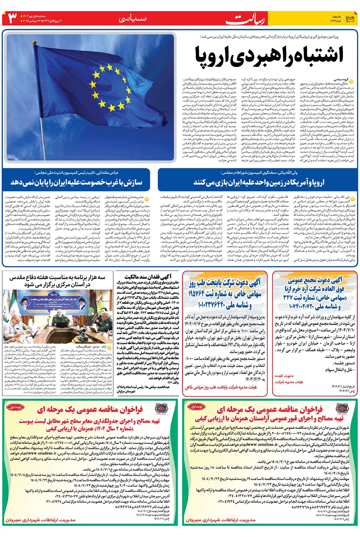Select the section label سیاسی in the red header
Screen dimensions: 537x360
pyautogui.click(x=133, y=19)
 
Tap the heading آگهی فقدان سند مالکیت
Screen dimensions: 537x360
pyautogui.click(x=148, y=277)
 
